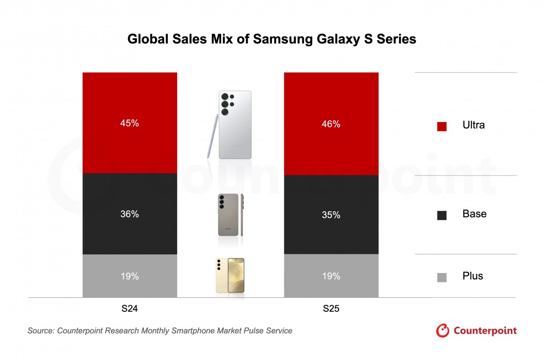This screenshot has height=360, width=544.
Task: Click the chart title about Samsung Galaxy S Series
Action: click(272, 39)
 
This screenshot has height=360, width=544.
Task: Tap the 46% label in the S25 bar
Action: click(331, 124)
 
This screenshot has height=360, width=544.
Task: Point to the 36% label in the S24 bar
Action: click(130, 214)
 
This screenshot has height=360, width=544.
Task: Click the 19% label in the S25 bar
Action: click(331, 276)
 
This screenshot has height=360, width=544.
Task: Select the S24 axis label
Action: click(130, 309)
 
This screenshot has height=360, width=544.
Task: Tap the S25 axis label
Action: click(331, 309)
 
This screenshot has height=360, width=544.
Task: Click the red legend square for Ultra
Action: click(442, 126)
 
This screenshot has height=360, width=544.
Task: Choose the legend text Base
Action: click(474, 214)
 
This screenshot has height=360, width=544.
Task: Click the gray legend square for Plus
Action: click(442, 277)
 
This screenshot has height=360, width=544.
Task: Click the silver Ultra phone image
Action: click(235, 125)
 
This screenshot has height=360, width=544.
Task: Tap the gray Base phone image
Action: click(228, 215)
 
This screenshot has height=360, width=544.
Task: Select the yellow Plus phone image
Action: click(230, 275)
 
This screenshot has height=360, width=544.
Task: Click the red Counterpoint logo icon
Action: click(442, 331)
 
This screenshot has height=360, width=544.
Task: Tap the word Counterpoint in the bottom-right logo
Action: click(485, 331)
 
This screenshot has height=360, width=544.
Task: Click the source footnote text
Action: click(160, 331)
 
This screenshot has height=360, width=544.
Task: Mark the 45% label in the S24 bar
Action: click(130, 123)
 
